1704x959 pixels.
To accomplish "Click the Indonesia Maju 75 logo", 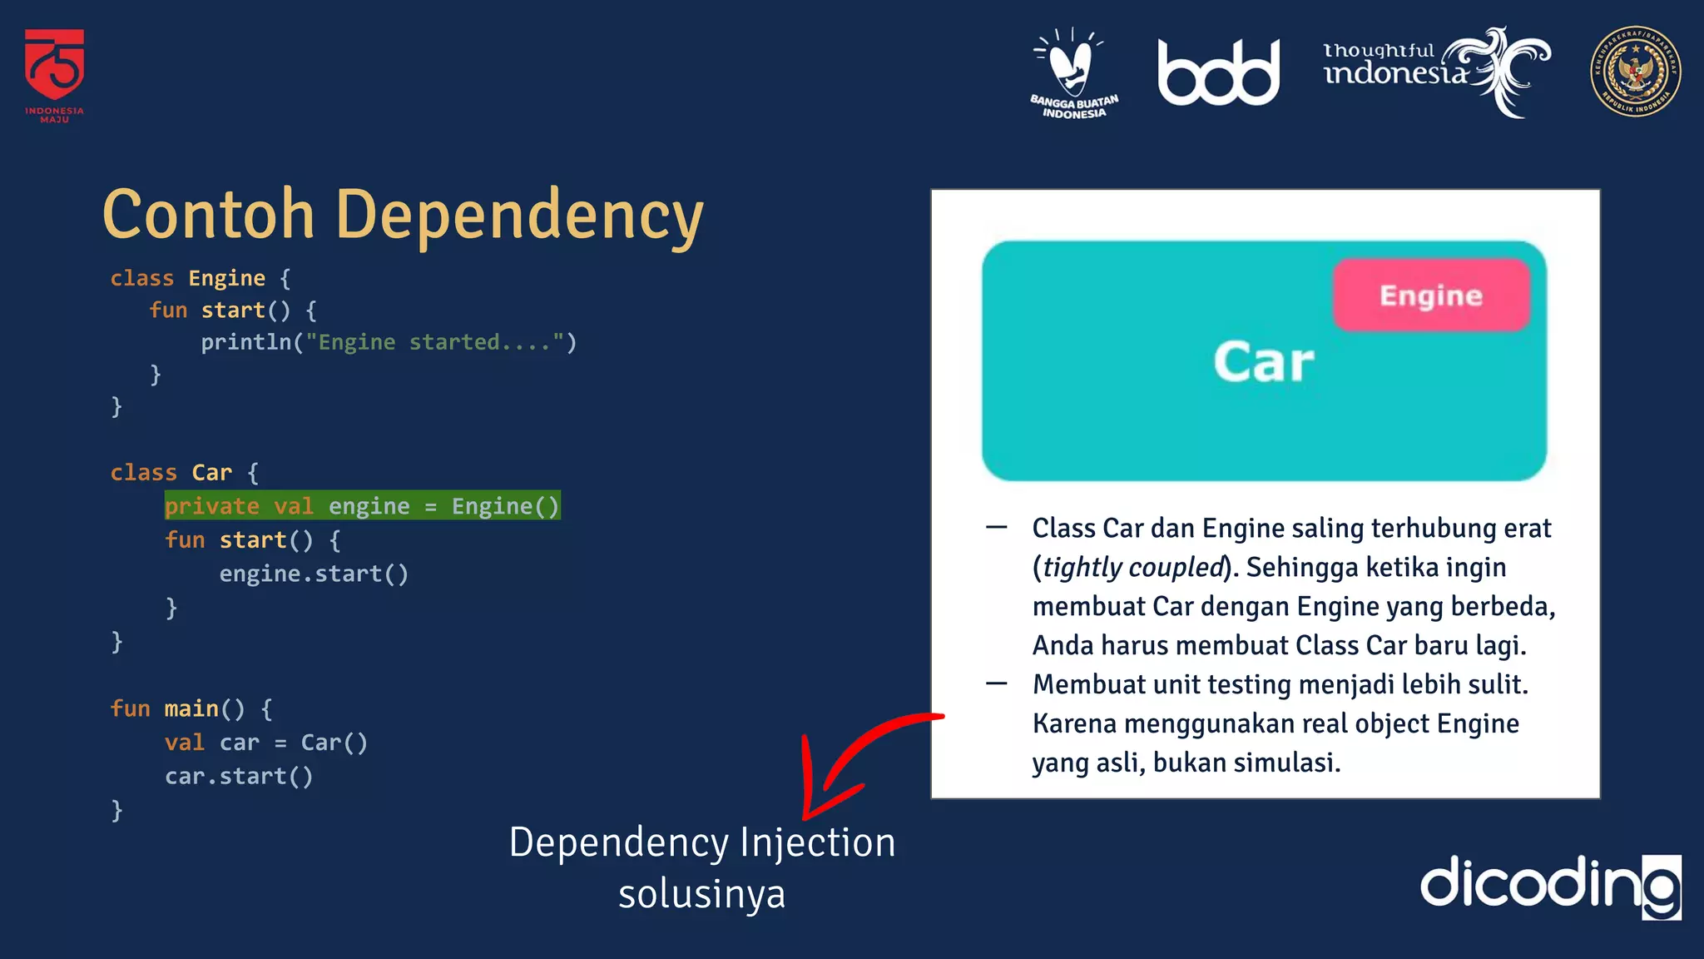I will pos(54,73).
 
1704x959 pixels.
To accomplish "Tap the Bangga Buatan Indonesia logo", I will pos(1073,73).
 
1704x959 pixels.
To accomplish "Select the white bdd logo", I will pos(1218,73).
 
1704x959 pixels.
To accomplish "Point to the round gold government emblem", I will pos(1635,72).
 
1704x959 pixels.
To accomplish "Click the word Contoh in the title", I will pos(208,215).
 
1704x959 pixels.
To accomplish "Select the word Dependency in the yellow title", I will pos(519,215).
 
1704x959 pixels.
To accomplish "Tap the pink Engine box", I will pos(1431,296).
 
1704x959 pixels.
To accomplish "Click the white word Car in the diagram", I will pos(1263,363).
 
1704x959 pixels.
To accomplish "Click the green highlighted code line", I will pos(362,506).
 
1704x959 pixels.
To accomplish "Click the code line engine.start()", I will pos(314,574).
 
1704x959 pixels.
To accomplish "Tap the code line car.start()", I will pos(239,776).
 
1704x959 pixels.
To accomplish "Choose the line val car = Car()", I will pos(265,743).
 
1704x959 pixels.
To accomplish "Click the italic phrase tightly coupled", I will pos(1133,568).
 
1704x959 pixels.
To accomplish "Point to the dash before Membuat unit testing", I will pos(997,684).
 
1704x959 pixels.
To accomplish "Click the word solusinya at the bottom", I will pos(701,894).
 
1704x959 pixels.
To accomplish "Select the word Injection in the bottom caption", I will pos(817,842).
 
